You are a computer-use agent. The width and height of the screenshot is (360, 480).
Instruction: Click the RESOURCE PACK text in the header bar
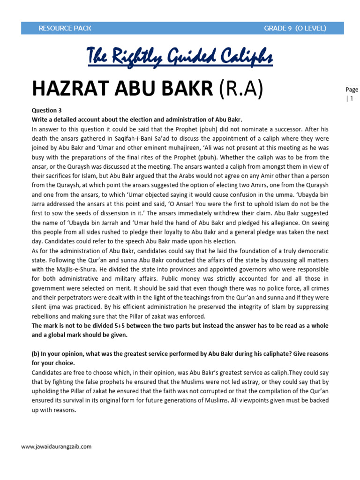click(x=65, y=28)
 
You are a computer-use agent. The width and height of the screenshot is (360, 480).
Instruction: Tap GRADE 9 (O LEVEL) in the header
click(x=295, y=28)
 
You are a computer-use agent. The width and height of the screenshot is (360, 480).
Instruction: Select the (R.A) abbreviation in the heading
click(x=241, y=89)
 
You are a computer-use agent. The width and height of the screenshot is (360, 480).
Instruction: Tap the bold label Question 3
click(x=46, y=111)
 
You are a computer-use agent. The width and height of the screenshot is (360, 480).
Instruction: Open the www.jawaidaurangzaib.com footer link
click(x=56, y=447)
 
